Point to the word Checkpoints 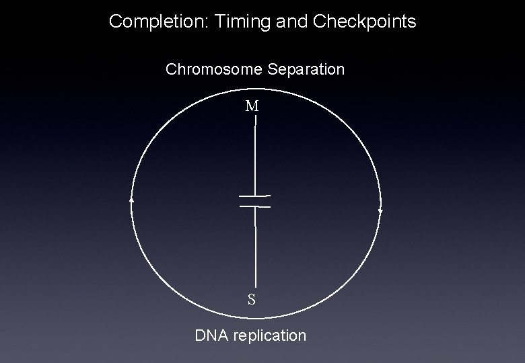(364, 22)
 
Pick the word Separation (306, 70)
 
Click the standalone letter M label (252, 106)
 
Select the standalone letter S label (252, 299)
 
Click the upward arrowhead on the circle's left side (132, 200)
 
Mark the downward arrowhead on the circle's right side (380, 211)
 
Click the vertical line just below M (255, 155)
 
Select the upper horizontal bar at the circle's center (254, 196)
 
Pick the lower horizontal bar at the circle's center (255, 206)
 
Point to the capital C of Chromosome (171, 69)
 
